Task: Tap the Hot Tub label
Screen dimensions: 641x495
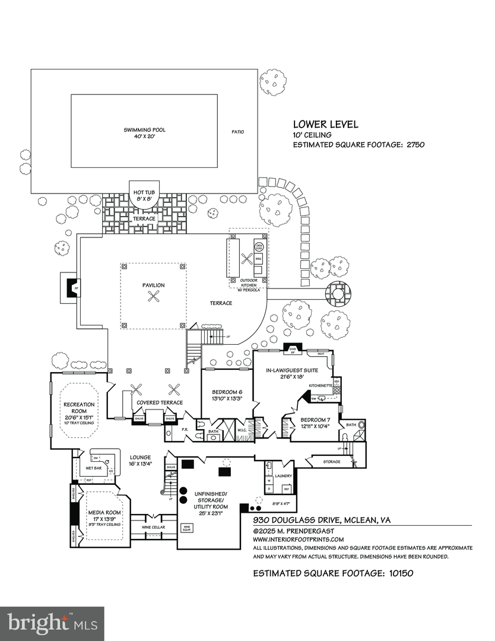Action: point(144,193)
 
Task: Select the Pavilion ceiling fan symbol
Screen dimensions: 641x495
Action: point(154,298)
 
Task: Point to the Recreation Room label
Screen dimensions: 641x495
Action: point(79,408)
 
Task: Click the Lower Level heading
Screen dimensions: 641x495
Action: point(326,125)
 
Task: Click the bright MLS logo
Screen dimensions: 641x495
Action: point(52,623)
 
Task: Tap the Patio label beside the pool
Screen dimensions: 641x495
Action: point(237,132)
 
